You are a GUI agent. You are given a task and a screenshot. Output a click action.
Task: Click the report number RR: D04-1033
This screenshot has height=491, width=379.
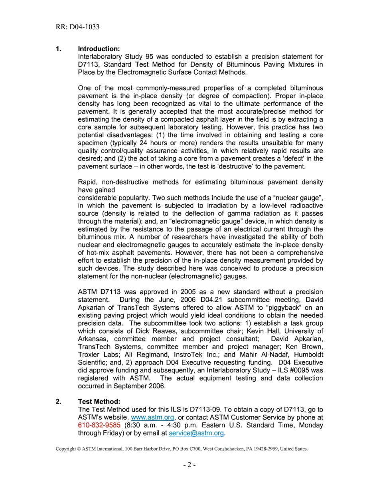pyautogui.click(x=77, y=27)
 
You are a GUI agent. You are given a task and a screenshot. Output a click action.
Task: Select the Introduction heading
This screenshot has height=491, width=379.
pyautogui.click(x=99, y=49)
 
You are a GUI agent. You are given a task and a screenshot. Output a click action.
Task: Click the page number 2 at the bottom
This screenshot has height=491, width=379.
pyautogui.click(x=189, y=465)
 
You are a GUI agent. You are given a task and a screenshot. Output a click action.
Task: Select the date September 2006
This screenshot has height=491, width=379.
pyautogui.click(x=137, y=386)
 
